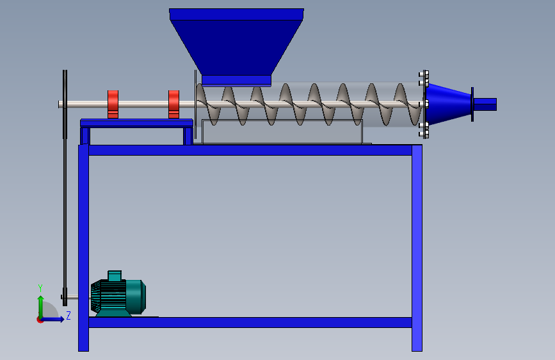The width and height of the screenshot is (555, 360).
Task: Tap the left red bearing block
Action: [x=113, y=104]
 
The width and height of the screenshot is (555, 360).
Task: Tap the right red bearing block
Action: [x=173, y=104]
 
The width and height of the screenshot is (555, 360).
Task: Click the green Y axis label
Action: [x=40, y=288]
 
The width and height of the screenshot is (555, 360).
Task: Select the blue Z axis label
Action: [x=68, y=315]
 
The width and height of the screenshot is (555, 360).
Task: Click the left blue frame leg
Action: [x=83, y=250]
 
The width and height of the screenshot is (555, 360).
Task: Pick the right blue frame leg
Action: [x=417, y=250]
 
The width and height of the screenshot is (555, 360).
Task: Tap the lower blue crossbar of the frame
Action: [x=250, y=322]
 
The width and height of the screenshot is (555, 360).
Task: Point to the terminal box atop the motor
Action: [x=115, y=276]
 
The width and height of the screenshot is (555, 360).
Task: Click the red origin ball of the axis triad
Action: [x=40, y=319]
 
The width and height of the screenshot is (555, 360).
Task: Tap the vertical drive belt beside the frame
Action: [x=64, y=211]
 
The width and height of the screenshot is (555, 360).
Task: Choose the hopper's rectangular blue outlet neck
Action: [x=236, y=80]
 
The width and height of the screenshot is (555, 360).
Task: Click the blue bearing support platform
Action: [x=136, y=122]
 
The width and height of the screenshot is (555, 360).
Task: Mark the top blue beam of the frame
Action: [x=250, y=150]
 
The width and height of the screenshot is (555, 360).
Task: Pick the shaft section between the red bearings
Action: [x=143, y=104]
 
